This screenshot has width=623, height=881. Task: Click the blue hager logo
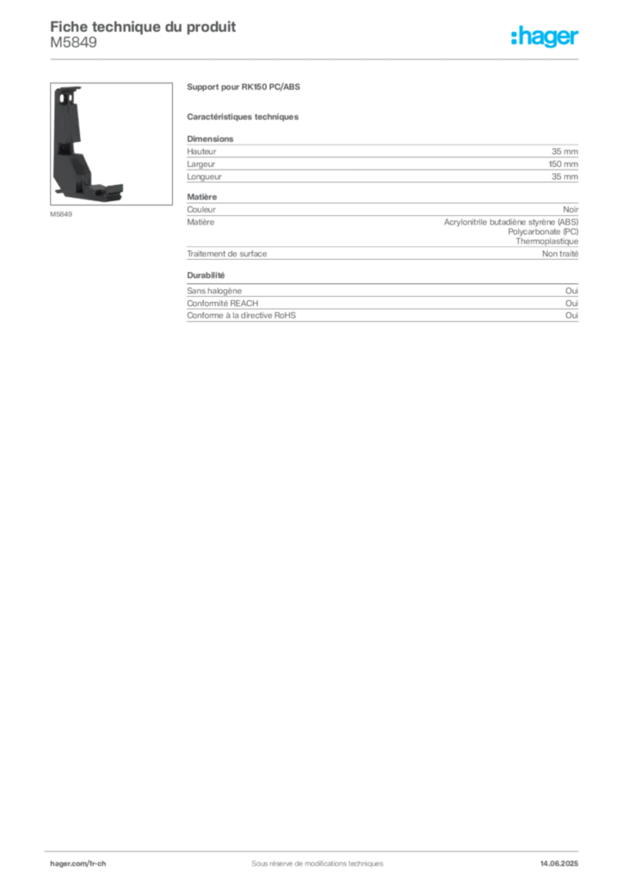pos(546,39)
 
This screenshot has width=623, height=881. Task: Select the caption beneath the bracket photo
pos(62,215)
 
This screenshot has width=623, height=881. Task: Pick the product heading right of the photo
pos(244,86)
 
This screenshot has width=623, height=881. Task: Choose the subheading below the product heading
pos(244,115)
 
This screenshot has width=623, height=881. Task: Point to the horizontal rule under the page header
pos(317,59)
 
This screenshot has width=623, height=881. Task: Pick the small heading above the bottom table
pos(207,275)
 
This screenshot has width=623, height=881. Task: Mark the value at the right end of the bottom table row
pos(578,287)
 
